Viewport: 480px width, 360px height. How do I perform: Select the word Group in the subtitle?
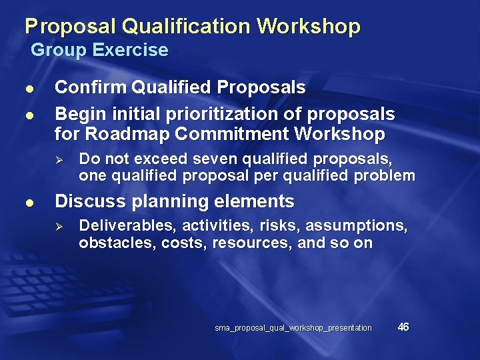pyautogui.click(x=59, y=50)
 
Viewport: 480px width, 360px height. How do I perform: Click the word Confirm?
pyautogui.click(x=91, y=87)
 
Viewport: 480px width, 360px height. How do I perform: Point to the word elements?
pyautogui.click(x=261, y=201)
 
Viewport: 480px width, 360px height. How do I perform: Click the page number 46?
pyautogui.click(x=403, y=327)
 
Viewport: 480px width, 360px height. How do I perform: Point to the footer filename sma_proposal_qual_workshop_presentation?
pyautogui.click(x=293, y=327)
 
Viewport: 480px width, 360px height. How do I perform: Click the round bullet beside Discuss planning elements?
pyautogui.click(x=27, y=202)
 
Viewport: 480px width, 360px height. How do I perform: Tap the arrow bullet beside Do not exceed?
pyautogui.click(x=59, y=161)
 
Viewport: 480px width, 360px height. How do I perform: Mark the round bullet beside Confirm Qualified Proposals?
pyautogui.click(x=27, y=89)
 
